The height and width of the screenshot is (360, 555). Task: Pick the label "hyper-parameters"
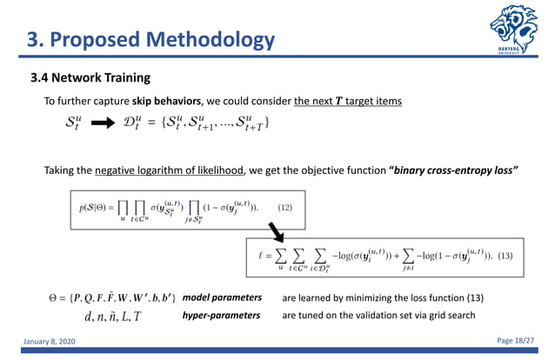click(221, 315)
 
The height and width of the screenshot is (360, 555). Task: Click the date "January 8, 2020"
click(51, 343)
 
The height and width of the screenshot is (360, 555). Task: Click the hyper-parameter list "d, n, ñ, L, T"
click(113, 316)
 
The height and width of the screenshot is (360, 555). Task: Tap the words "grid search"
click(450, 315)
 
